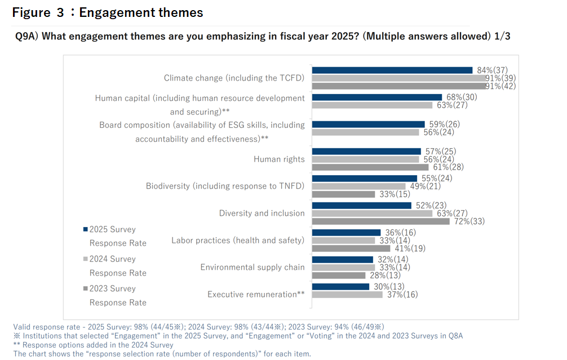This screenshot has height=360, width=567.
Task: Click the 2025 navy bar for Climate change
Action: coord(392,70)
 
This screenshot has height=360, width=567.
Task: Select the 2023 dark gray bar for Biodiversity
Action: coord(343,194)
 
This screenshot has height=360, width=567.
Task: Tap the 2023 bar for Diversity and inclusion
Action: coord(381,221)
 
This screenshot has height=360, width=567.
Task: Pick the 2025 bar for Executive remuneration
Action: coord(340,287)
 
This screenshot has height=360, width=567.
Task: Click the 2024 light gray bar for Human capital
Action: coord(372,105)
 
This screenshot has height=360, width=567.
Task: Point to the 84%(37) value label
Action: coord(493,70)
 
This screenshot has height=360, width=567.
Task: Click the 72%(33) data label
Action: coord(470,221)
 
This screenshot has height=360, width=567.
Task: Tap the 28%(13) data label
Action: coord(386,275)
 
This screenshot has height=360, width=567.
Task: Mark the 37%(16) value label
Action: coord(402,295)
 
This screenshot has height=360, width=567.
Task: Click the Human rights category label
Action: coord(279,159)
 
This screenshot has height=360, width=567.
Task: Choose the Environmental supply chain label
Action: coord(253,268)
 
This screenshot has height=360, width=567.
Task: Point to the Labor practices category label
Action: coord(238,241)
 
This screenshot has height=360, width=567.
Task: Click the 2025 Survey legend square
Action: coord(85,229)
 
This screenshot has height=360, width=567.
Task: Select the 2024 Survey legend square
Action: coord(85,259)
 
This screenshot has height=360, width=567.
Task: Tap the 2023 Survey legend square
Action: coord(85,288)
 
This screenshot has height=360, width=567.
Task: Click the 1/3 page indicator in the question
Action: coord(502,37)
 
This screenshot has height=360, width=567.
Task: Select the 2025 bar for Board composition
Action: coord(369,125)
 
